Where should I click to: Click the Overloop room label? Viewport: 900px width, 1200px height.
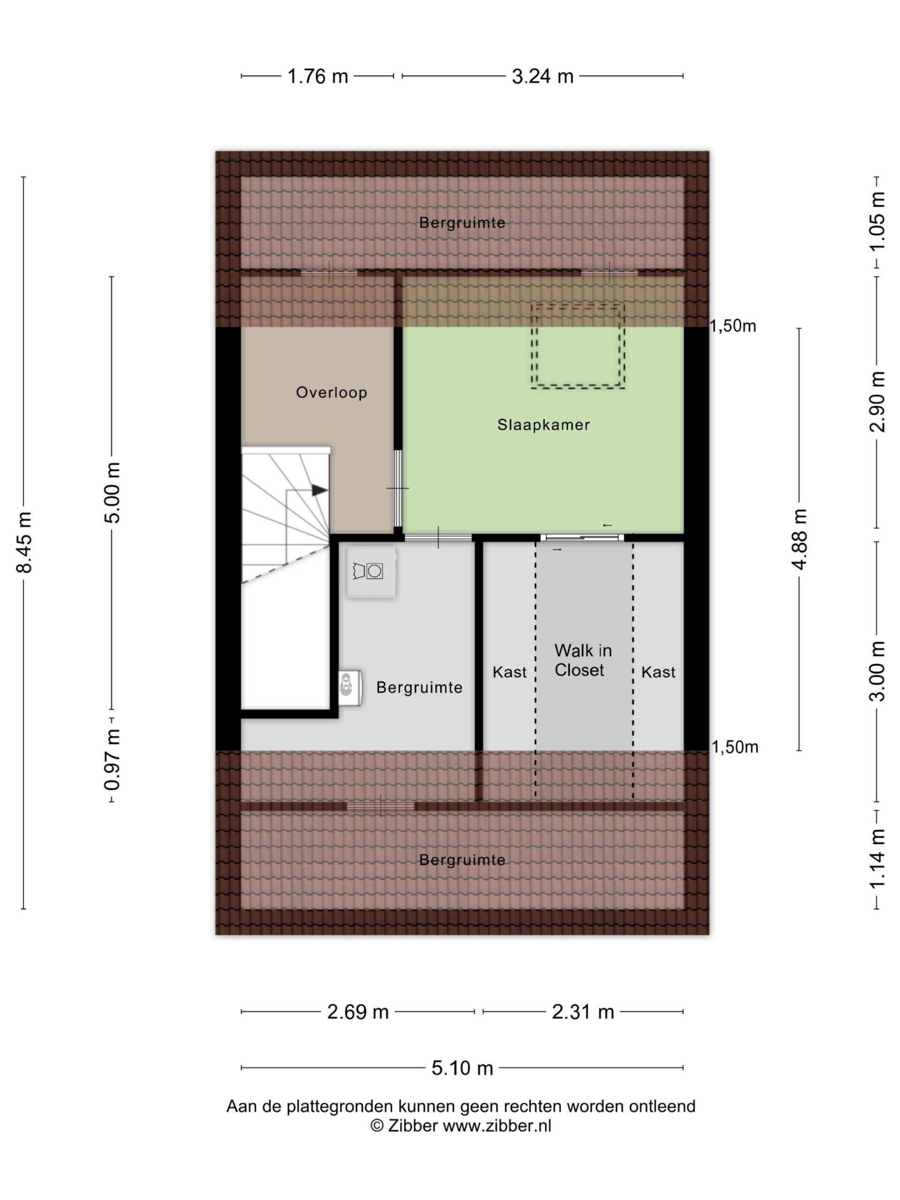coord(331,393)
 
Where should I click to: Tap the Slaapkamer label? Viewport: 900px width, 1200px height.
coord(544,425)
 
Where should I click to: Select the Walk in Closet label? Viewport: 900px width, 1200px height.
coord(583,660)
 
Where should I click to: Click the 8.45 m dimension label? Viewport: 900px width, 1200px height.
coord(24,542)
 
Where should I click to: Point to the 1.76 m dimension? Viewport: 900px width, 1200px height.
coord(317,76)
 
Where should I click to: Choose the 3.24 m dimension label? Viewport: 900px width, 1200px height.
coord(542,76)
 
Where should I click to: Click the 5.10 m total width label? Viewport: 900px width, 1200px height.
coord(462,1068)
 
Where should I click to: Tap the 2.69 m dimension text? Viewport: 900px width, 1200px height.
coord(358,1012)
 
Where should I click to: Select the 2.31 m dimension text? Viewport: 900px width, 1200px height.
coord(583,1012)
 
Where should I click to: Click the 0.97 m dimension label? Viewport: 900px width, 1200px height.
coord(112,760)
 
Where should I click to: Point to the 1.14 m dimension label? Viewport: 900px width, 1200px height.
coord(877,859)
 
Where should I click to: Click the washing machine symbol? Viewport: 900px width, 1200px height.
coord(371,572)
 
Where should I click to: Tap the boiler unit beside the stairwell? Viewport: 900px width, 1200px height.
coord(350,687)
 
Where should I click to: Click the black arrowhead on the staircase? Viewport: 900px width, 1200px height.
coord(320,490)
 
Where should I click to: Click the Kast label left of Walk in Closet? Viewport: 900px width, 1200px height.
coord(510,673)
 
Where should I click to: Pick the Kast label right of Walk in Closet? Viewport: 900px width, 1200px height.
coord(658,673)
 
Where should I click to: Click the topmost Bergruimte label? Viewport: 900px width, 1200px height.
coord(462,223)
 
